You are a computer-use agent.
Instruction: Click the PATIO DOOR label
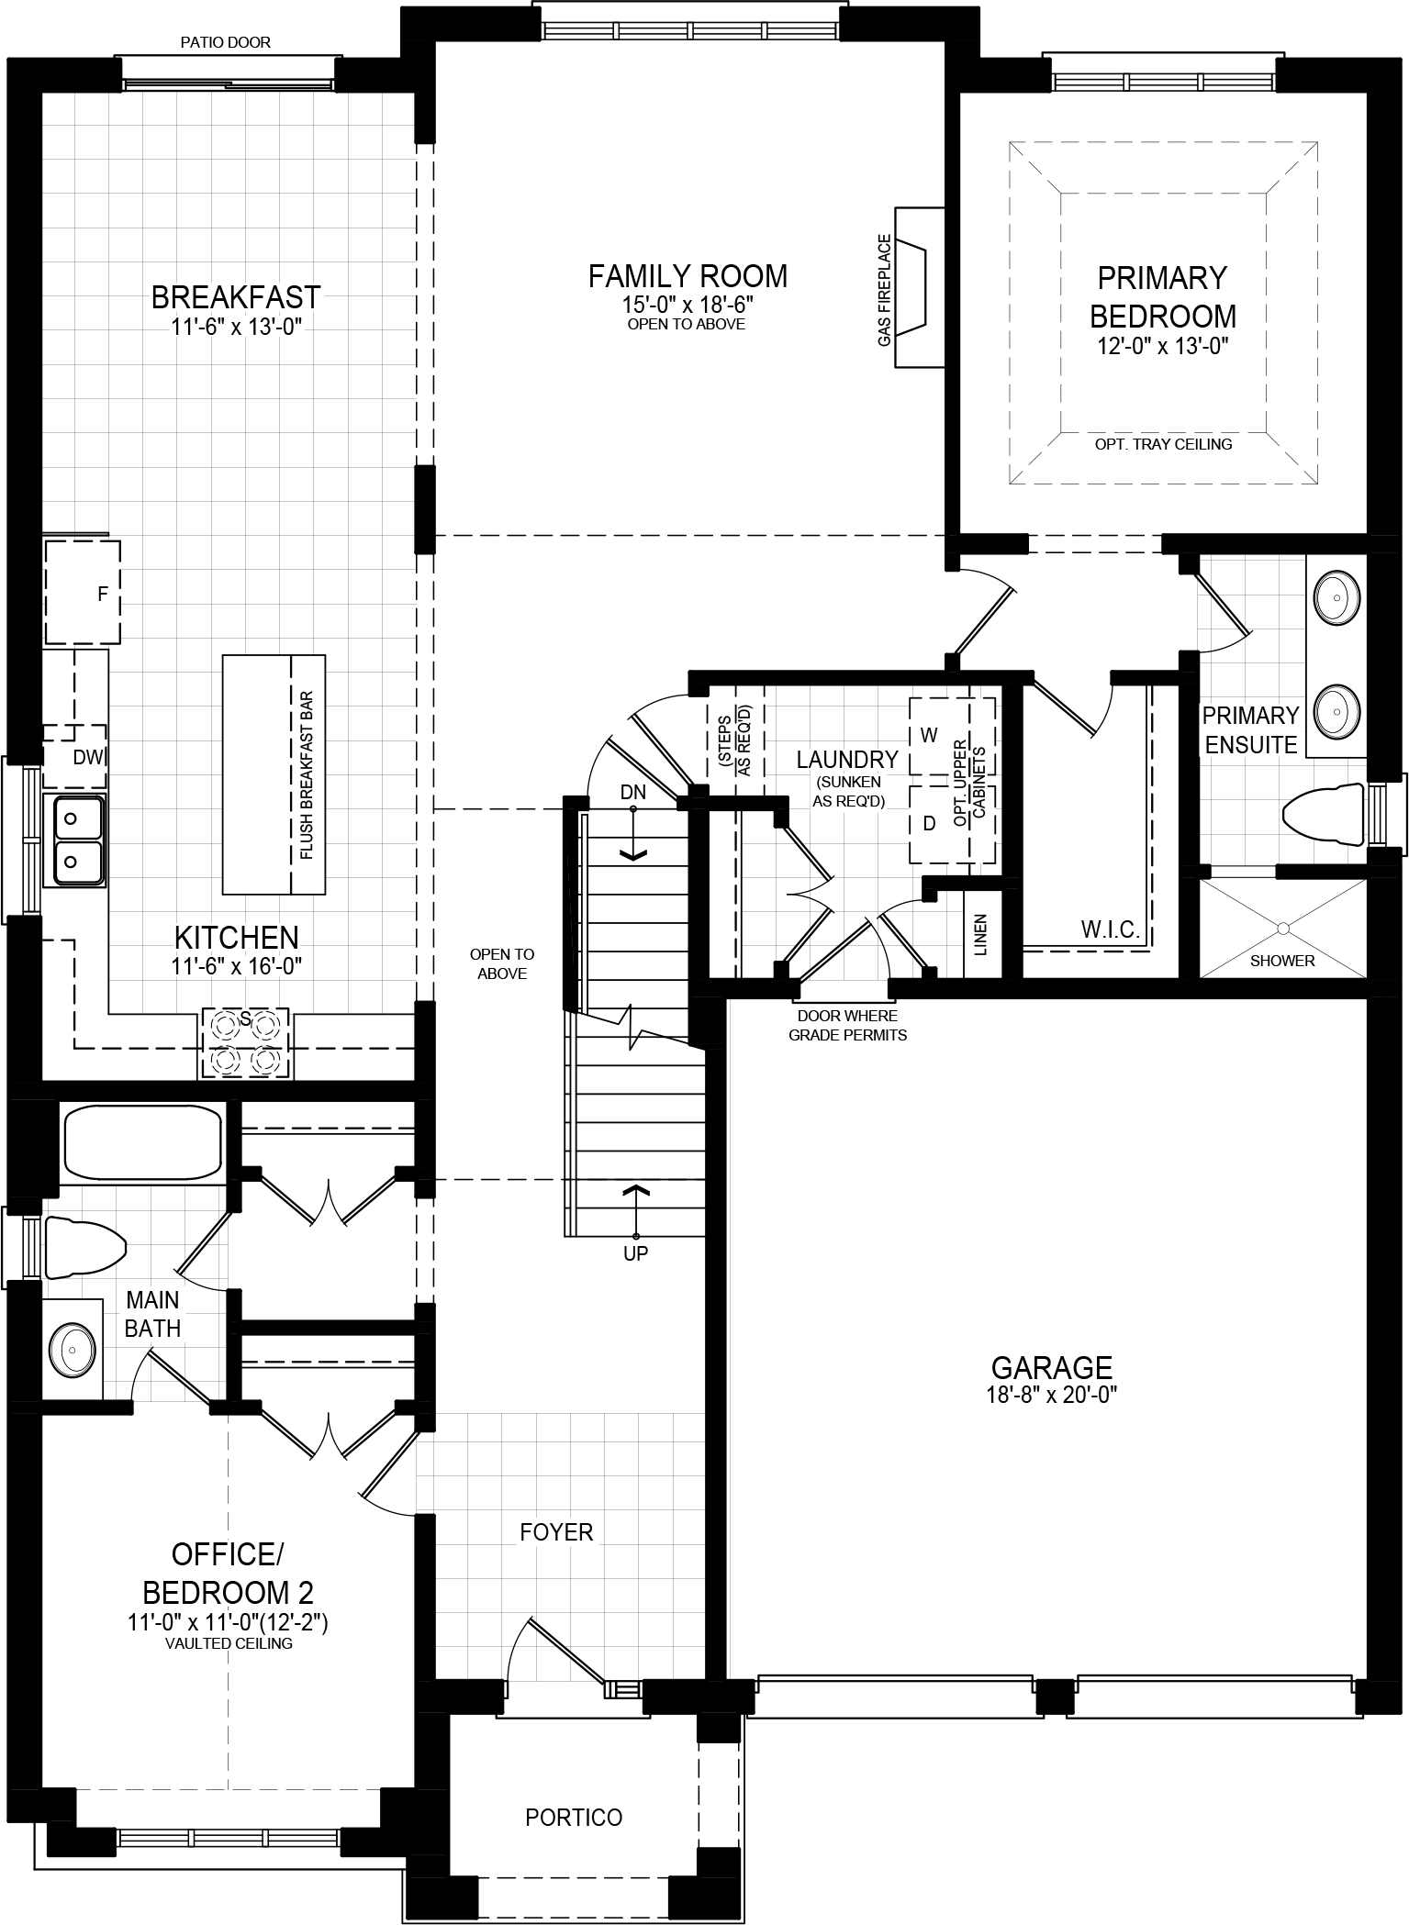click(x=226, y=42)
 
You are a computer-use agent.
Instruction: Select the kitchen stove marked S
click(x=245, y=1042)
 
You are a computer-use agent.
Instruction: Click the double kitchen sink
click(x=75, y=840)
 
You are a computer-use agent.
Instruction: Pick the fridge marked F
click(x=83, y=593)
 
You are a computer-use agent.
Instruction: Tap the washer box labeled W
click(x=929, y=735)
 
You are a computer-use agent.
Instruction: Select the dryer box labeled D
click(x=929, y=823)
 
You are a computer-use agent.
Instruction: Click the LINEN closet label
click(x=980, y=934)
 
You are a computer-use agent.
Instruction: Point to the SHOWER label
click(x=1282, y=961)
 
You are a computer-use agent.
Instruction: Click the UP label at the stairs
click(x=635, y=1253)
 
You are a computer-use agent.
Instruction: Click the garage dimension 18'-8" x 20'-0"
click(x=1052, y=1396)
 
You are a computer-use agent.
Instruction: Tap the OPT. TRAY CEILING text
click(x=1163, y=444)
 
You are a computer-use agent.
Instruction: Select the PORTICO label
click(x=574, y=1817)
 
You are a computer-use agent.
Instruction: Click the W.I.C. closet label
click(x=1110, y=930)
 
